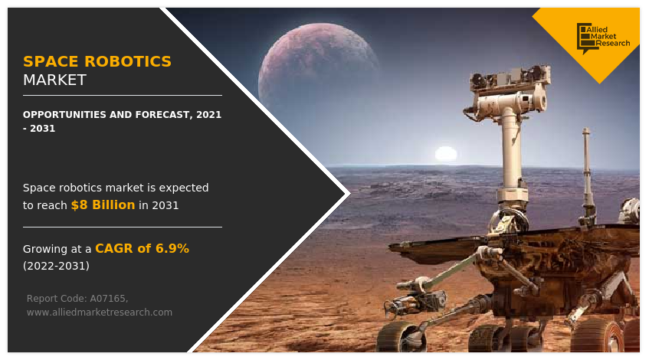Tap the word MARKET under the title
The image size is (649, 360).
[54, 80]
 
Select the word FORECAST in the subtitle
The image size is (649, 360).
[154, 114]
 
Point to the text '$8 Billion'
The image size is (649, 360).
[103, 205]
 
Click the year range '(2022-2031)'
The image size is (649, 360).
[56, 266]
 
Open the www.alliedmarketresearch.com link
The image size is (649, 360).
[99, 312]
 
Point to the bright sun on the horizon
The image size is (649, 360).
[445, 153]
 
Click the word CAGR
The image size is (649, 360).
[113, 248]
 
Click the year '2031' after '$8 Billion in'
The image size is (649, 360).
[166, 205]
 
